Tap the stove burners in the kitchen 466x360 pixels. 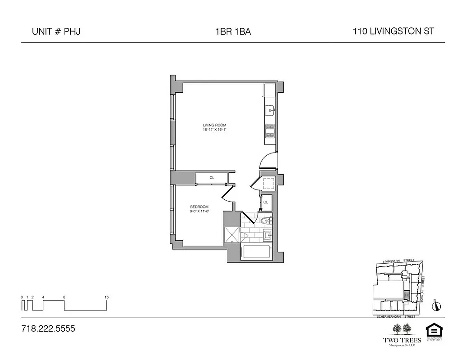click(270, 130)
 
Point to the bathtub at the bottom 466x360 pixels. click(256, 253)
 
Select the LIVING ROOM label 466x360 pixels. click(214, 125)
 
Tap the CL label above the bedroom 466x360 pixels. click(212, 178)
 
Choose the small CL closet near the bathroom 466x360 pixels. click(266, 202)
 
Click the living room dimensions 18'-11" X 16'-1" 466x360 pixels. click(214, 130)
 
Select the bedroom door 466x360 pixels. click(227, 194)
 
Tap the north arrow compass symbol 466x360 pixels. click(436, 306)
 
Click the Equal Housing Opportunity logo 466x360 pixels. click(433, 332)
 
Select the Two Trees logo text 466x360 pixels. click(402, 340)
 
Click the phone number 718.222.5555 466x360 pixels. click(48, 328)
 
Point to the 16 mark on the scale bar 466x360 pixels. click(106, 297)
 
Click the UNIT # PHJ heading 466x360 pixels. click(56, 31)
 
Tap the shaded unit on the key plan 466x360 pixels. click(407, 295)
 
